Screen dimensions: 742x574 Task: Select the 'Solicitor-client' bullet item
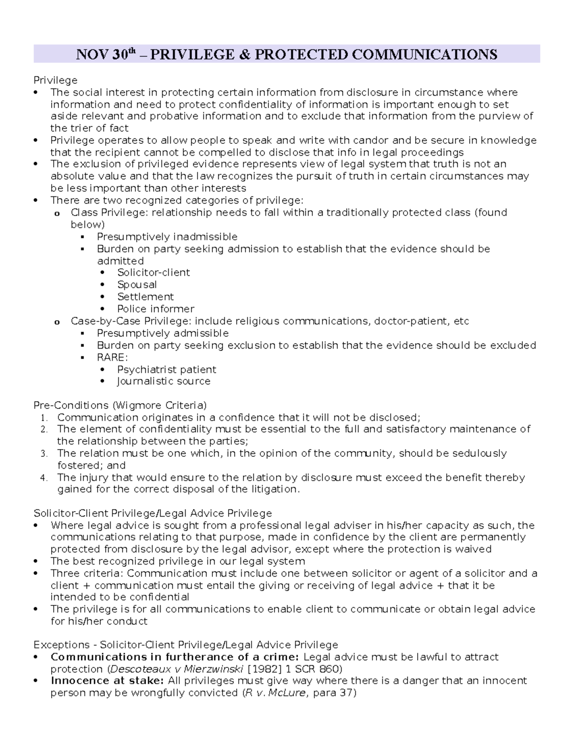pos(154,272)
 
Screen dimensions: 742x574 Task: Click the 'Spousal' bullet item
pos(137,285)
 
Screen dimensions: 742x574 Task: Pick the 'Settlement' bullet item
pos(145,297)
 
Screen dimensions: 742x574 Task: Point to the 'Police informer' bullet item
pos(155,309)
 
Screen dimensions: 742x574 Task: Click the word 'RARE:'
pos(112,357)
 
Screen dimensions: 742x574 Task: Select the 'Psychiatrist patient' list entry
pos(166,369)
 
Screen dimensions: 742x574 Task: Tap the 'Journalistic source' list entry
pos(164,381)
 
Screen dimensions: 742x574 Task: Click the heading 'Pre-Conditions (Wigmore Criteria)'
pos(120,405)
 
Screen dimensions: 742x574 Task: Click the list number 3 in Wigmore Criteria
pos(44,453)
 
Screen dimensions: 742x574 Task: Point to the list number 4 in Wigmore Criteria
pos(44,478)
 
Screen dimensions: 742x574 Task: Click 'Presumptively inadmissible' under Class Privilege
pos(167,237)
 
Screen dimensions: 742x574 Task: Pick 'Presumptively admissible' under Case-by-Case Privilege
pos(163,333)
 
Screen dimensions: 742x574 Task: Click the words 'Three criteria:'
pos(87,573)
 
